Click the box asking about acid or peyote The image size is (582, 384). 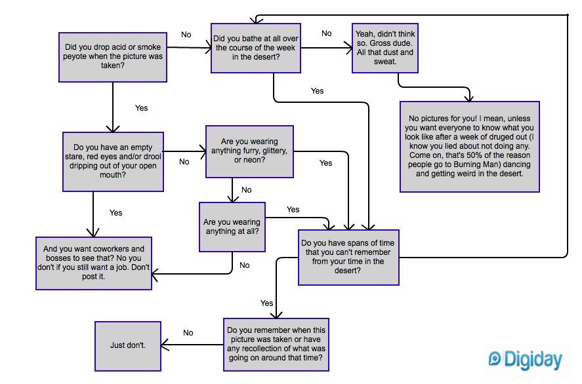[x=112, y=57]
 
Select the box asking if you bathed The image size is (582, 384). [x=255, y=48]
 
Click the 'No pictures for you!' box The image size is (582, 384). [x=469, y=146]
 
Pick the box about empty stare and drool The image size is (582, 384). [x=113, y=161]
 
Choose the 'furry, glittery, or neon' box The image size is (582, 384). [x=249, y=151]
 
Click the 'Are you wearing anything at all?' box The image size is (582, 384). [x=232, y=226]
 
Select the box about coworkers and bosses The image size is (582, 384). [x=94, y=263]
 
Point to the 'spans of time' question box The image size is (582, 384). [x=348, y=256]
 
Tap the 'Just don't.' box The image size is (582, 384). [x=128, y=345]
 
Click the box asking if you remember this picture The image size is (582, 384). [x=276, y=344]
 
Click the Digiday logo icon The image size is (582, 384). [x=495, y=359]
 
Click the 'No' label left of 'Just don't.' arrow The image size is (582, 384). [x=188, y=333]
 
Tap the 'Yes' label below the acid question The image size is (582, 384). [x=141, y=107]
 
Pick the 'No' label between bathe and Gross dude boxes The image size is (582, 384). [x=326, y=33]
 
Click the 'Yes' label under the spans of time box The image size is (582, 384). [x=266, y=303]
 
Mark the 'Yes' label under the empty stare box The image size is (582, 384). [x=115, y=213]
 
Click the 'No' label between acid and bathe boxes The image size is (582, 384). [x=186, y=35]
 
